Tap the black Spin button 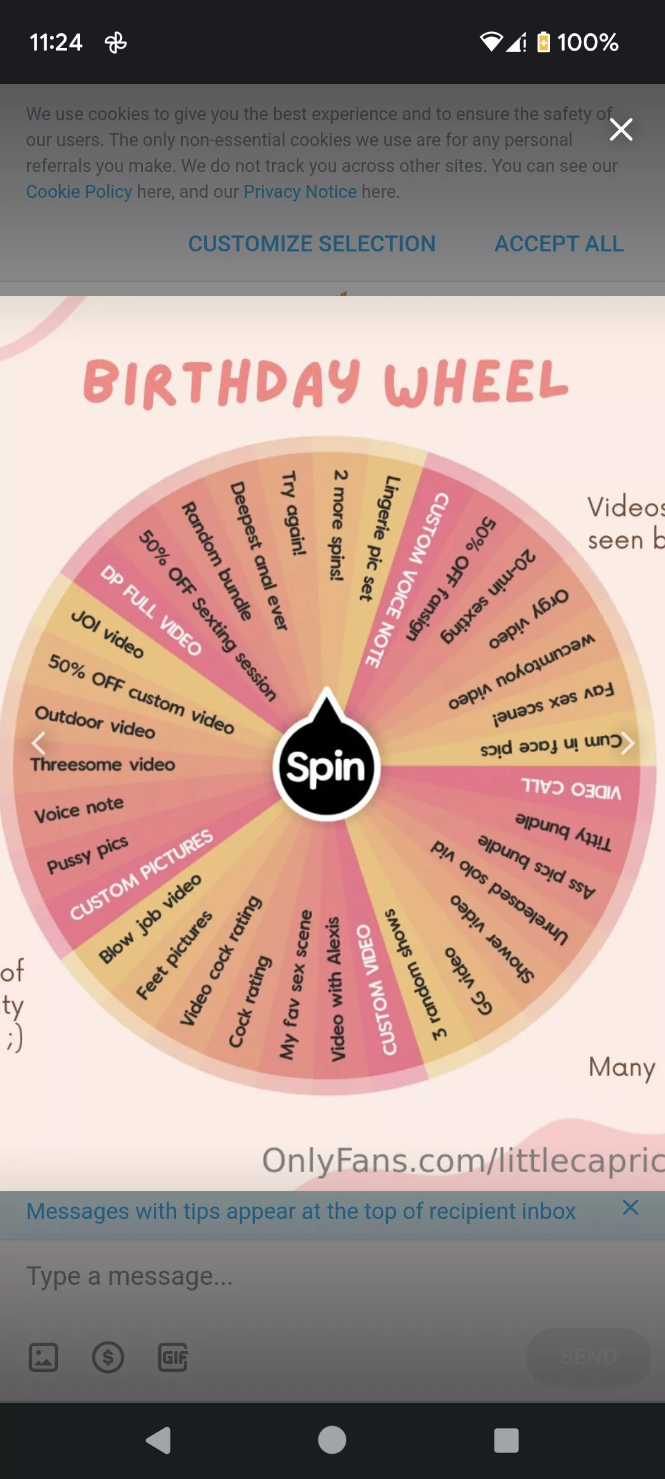[x=326, y=767]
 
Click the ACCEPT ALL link [x=559, y=244]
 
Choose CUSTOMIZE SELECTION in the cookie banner [x=312, y=244]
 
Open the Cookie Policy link [x=79, y=192]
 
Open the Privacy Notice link [x=300, y=192]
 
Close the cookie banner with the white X [x=621, y=129]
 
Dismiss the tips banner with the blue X [x=630, y=1207]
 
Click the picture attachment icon [x=44, y=1357]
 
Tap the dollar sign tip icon [x=108, y=1357]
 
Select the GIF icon [x=173, y=1357]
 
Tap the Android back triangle [x=159, y=1441]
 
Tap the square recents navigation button [x=506, y=1441]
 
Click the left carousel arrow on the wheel [x=39, y=743]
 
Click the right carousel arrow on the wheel [x=627, y=743]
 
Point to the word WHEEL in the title [x=475, y=383]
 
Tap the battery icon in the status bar [x=543, y=42]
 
